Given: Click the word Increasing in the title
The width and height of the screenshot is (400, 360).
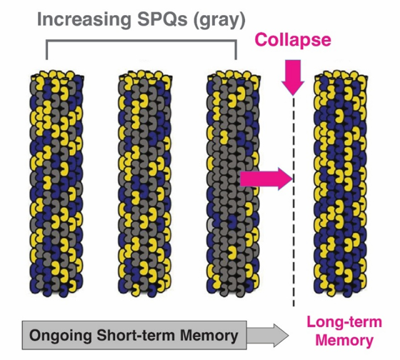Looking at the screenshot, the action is [x=84, y=20].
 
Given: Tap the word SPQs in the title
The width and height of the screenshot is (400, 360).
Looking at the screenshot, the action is [x=163, y=19].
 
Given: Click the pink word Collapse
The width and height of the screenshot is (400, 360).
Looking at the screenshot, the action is [x=293, y=40].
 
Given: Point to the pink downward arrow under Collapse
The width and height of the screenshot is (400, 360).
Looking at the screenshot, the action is [x=293, y=77].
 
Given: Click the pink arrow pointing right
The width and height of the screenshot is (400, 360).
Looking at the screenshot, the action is [x=266, y=179].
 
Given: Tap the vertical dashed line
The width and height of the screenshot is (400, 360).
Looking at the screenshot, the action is [x=294, y=201].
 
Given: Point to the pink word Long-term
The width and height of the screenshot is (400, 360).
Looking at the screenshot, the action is [x=344, y=322].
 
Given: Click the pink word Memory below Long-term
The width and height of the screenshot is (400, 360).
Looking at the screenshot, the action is [x=344, y=341].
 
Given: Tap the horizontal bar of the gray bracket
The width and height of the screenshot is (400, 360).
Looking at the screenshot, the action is [x=141, y=40].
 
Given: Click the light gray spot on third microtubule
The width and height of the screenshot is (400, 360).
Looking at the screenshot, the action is [x=210, y=225].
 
